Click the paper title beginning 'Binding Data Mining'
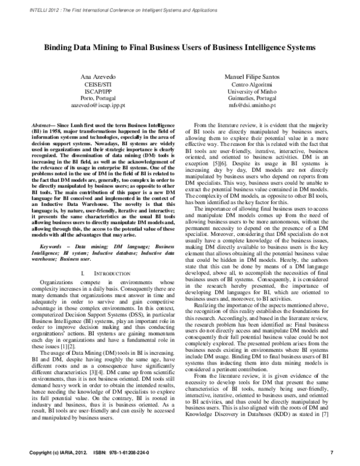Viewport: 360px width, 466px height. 179,46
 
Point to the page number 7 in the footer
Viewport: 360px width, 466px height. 332,452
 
